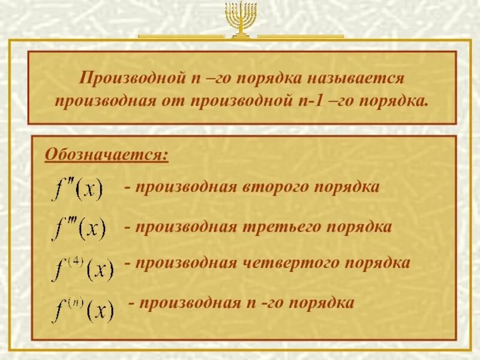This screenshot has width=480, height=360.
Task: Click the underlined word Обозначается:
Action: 107,155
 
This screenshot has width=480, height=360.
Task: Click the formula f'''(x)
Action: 79,229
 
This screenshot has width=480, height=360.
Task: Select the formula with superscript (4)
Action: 82,268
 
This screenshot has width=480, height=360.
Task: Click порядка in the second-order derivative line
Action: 348,187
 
